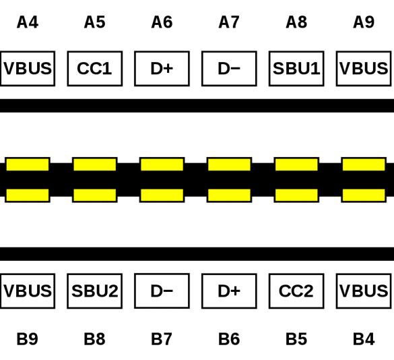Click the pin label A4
pyautogui.click(x=28, y=22)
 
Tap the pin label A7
pyautogui.click(x=229, y=22)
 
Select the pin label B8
pyautogui.click(x=94, y=339)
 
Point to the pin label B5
pyautogui.click(x=296, y=339)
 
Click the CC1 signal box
pyautogui.click(x=95, y=69)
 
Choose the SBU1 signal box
pyautogui.click(x=296, y=69)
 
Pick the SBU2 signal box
pyautogui.click(x=95, y=291)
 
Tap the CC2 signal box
pyautogui.click(x=296, y=291)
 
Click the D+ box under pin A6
pyautogui.click(x=162, y=69)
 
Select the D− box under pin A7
pyautogui.click(x=229, y=69)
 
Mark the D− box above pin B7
pyautogui.click(x=162, y=291)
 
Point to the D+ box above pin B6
pyautogui.click(x=229, y=291)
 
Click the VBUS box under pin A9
pyautogui.click(x=364, y=69)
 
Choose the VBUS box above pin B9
pyautogui.click(x=28, y=291)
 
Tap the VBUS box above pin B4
pyautogui.click(x=364, y=291)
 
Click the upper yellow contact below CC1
pyautogui.click(x=95, y=164)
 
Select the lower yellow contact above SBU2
pyautogui.click(x=95, y=196)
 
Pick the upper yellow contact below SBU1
pyautogui.click(x=296, y=164)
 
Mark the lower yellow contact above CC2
pyautogui.click(x=296, y=196)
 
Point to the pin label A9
pyautogui.click(x=364, y=22)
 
